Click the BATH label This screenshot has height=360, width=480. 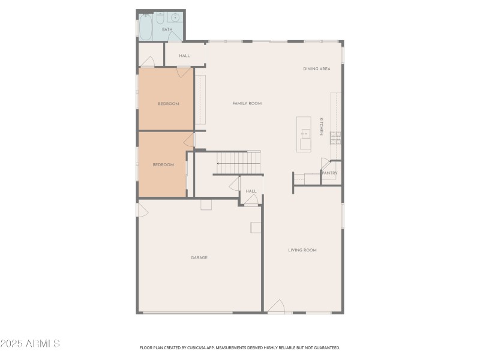[167, 29]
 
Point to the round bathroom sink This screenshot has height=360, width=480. [175, 17]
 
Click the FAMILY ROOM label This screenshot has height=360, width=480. [247, 104]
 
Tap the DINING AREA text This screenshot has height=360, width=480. [317, 69]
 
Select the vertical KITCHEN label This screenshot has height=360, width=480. [321, 126]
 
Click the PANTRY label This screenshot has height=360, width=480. [330, 173]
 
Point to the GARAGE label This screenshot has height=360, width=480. [199, 258]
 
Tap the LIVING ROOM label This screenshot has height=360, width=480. [302, 250]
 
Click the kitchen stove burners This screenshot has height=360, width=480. [336, 137]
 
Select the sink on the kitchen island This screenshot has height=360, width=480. [305, 133]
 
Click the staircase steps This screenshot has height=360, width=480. [239, 162]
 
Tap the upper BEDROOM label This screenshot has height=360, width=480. [169, 104]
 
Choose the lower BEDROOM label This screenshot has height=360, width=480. [163, 165]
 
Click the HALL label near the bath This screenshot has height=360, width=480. [184, 56]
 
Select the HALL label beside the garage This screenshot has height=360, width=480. [251, 191]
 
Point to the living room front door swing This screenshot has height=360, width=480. [276, 307]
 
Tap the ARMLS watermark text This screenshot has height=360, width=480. [30, 344]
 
